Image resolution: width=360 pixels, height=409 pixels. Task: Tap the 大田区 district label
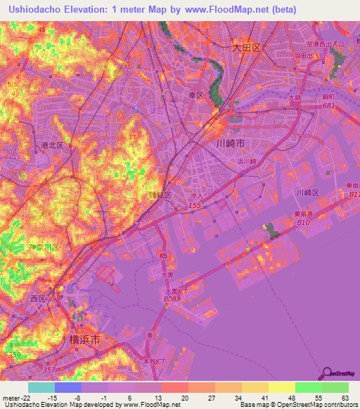tap(247, 48)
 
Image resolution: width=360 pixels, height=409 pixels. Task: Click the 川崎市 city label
tap(231, 143)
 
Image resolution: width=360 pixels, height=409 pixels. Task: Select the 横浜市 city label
tap(85, 339)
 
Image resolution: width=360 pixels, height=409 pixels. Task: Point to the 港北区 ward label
tap(52, 145)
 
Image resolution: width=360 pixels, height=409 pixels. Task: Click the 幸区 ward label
tap(195, 95)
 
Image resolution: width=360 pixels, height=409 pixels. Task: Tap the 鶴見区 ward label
tap(159, 195)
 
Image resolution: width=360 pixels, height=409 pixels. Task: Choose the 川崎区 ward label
tap(307, 192)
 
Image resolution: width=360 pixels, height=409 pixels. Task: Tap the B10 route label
tap(304, 223)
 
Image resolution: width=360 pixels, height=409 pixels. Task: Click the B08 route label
tap(169, 299)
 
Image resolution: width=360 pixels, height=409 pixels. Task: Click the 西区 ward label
tap(37, 299)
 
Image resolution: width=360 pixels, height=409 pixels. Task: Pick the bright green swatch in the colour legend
tap(309, 387)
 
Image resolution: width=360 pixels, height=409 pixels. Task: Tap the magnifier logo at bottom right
tap(328, 374)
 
